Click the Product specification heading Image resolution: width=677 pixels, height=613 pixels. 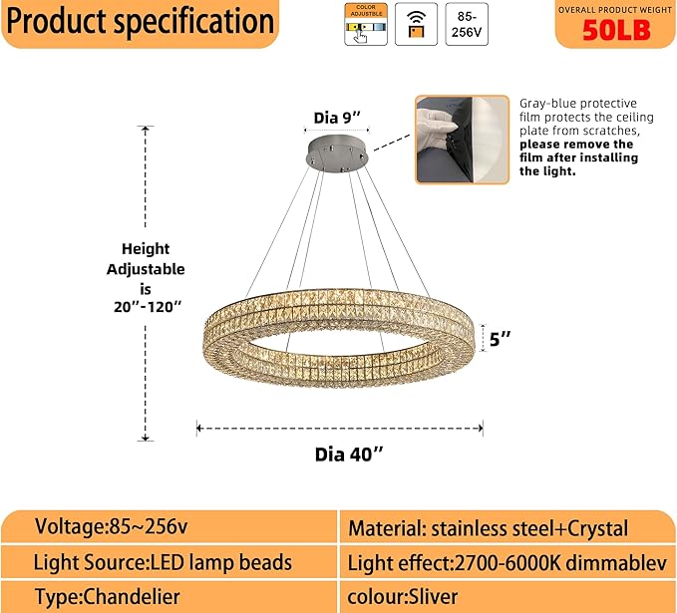point(141,22)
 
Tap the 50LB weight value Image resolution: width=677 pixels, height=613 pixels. point(616,30)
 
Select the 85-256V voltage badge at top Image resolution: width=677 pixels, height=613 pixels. point(467,24)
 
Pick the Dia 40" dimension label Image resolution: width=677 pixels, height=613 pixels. point(349,455)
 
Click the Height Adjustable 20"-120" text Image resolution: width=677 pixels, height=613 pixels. point(146,277)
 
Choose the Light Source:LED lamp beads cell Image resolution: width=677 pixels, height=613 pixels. point(163,562)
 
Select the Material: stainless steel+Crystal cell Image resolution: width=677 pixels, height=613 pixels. point(488,528)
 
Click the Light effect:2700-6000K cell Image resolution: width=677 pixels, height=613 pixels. point(507,563)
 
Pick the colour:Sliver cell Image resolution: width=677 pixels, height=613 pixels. point(403,597)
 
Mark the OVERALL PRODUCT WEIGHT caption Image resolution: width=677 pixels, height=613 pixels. point(616,8)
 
